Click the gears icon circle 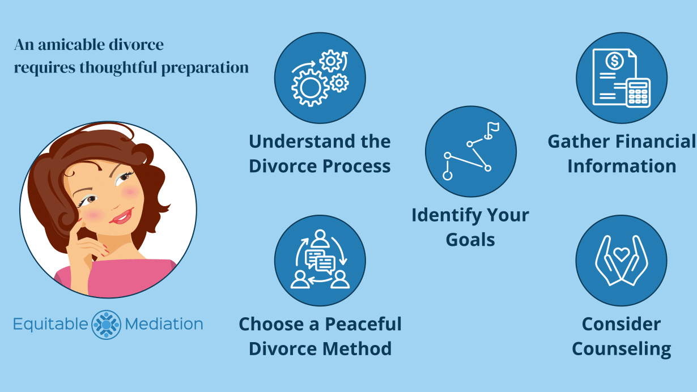[320, 78]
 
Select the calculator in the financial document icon [639, 93]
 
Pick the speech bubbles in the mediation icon [320, 261]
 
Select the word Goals [470, 239]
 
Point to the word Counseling [622, 348]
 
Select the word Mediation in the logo [164, 325]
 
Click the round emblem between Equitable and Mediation [107, 325]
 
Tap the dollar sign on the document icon [614, 59]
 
